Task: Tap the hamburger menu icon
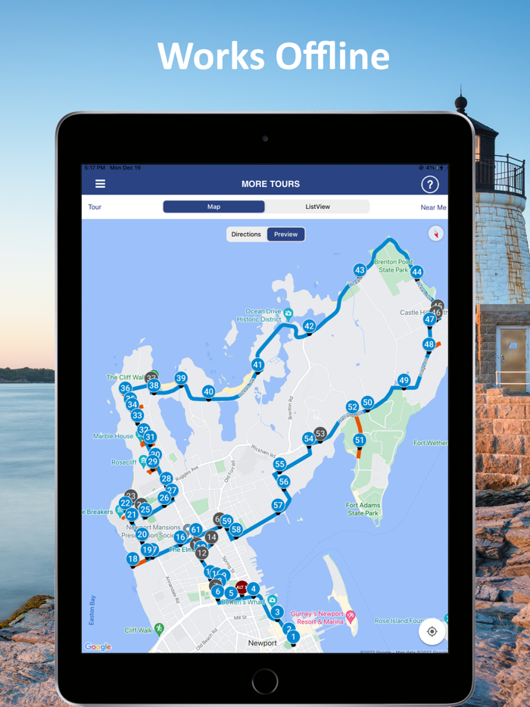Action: pyautogui.click(x=100, y=184)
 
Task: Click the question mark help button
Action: pyautogui.click(x=429, y=184)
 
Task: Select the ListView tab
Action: pyautogui.click(x=317, y=207)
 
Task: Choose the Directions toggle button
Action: pyautogui.click(x=246, y=235)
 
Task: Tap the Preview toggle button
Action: pyautogui.click(x=285, y=235)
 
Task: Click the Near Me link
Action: pyautogui.click(x=433, y=207)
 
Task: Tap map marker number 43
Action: pyautogui.click(x=360, y=270)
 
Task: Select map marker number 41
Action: pyautogui.click(x=257, y=365)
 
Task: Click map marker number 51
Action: pyautogui.click(x=359, y=440)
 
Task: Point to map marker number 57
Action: pyautogui.click(x=278, y=505)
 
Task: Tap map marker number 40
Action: pyautogui.click(x=208, y=391)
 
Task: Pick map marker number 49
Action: pyautogui.click(x=404, y=380)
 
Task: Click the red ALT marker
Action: pyautogui.click(x=242, y=587)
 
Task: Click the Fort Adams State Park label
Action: pyautogui.click(x=362, y=509)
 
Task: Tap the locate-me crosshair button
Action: pyautogui.click(x=432, y=631)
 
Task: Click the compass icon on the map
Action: pyautogui.click(x=435, y=233)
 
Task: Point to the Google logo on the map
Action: pyautogui.click(x=98, y=646)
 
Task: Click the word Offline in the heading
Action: pyautogui.click(x=332, y=57)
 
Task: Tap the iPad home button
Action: pyautogui.click(x=265, y=681)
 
